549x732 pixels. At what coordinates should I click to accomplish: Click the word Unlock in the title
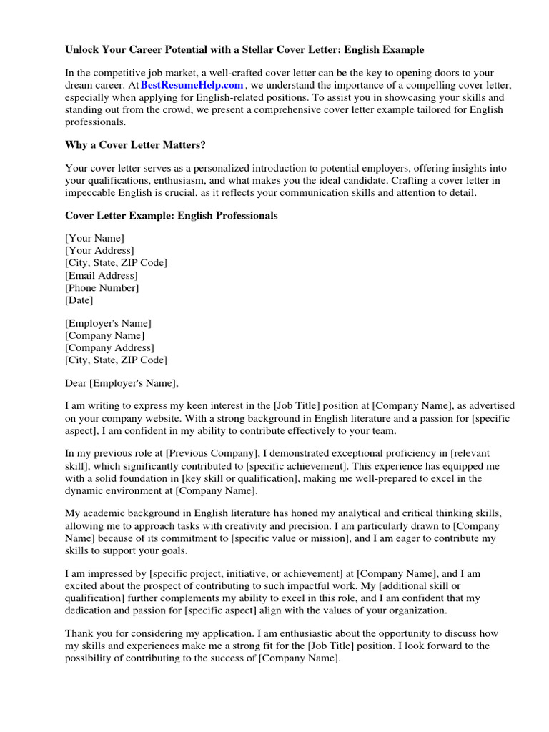(x=82, y=50)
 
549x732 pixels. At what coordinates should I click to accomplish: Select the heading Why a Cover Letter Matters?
(x=136, y=145)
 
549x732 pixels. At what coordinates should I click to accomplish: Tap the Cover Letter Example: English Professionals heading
(x=172, y=215)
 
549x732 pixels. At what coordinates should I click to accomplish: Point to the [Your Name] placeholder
(x=94, y=238)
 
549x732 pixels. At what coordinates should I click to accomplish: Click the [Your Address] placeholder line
(x=99, y=250)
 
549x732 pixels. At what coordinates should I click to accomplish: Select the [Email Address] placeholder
(x=102, y=275)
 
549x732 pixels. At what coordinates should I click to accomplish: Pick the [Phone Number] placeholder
(x=102, y=287)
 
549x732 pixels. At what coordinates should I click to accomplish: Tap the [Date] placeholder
(x=79, y=300)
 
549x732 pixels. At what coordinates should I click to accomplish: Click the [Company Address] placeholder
(x=109, y=347)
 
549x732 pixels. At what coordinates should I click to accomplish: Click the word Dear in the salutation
(x=76, y=382)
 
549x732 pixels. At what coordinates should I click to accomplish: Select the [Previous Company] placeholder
(x=214, y=453)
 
